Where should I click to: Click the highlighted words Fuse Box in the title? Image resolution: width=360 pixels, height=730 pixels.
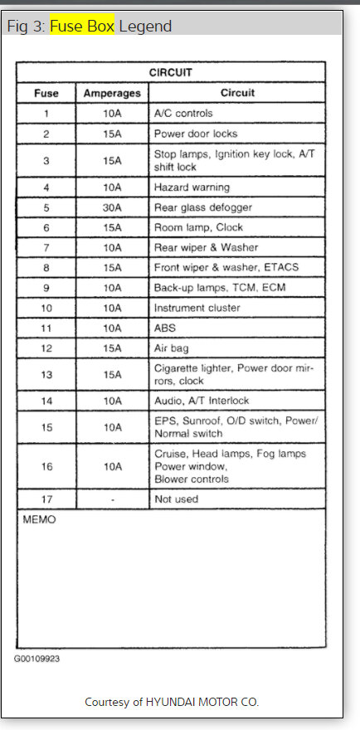pos(81,26)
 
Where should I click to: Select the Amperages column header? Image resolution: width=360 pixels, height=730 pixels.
pos(112,93)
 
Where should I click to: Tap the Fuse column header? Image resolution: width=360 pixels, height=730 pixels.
pos(46,93)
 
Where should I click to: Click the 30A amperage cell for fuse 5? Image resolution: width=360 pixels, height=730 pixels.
pos(112,207)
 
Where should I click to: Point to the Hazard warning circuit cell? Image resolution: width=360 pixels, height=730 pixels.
pos(192,187)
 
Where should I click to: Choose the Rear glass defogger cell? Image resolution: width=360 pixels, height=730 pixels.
pos(202,207)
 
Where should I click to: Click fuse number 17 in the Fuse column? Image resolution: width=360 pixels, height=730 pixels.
pos(46,499)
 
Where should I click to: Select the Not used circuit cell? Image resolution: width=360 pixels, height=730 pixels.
pos(177,499)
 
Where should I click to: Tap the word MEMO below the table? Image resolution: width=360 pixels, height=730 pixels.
pos(38,520)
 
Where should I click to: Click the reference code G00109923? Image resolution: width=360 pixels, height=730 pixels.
pos(36,659)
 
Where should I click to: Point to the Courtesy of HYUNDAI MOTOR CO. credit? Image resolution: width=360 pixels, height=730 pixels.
pos(172,702)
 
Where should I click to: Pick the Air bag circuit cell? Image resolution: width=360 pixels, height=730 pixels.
pos(173,348)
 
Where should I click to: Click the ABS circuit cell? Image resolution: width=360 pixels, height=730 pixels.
pos(166,328)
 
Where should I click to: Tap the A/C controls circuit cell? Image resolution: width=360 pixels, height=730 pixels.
pos(183,113)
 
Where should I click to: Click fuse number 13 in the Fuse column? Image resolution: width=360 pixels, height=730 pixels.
pos(46,374)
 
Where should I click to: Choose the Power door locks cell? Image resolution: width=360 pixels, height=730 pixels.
pos(196,134)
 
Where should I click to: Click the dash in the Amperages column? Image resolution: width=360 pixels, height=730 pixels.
pos(112,499)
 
